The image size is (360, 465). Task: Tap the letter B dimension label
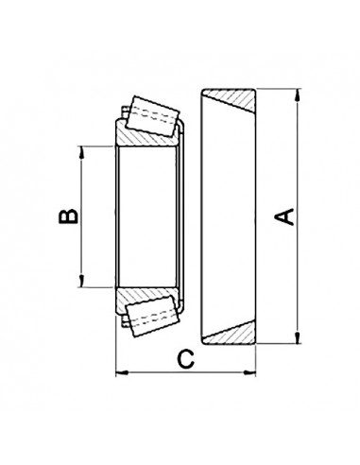coord(67,217)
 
